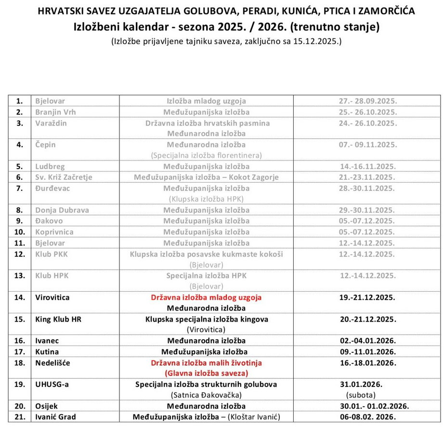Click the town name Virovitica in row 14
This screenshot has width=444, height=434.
[52, 298]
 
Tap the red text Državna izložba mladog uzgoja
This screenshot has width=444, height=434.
[206, 298]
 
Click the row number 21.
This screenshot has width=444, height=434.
[20, 417]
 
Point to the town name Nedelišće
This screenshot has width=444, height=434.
[52, 363]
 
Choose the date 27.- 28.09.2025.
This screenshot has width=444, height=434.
[367, 101]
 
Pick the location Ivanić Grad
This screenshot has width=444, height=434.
[55, 417]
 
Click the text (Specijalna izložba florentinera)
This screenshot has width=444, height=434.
[206, 155]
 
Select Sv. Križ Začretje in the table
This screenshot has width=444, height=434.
[64, 177]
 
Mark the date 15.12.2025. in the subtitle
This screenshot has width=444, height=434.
[318, 41]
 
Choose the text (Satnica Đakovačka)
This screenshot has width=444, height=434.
[206, 395]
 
